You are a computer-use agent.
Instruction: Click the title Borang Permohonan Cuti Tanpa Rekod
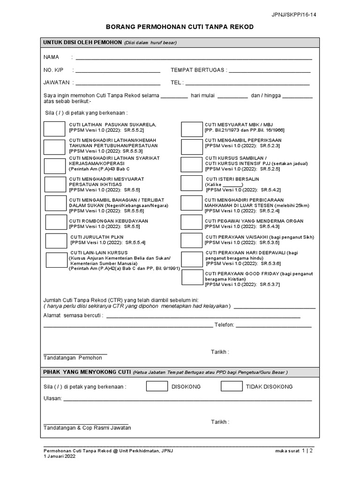tap(180, 27)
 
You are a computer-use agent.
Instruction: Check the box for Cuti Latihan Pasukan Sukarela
tap(54, 128)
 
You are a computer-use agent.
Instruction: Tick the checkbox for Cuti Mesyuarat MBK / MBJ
tap(191, 129)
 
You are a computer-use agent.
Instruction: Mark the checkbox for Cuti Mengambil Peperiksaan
tap(191, 146)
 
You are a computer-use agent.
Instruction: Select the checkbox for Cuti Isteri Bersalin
tap(191, 184)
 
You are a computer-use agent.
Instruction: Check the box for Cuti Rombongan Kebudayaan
tap(55, 223)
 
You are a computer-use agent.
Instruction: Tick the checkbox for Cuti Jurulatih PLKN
tap(56, 240)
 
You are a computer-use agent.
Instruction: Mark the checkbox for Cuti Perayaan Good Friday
tap(192, 278)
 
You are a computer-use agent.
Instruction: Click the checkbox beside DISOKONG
tap(157, 386)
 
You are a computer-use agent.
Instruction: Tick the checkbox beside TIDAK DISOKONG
tap(232, 386)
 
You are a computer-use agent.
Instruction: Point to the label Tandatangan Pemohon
tap(73, 358)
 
